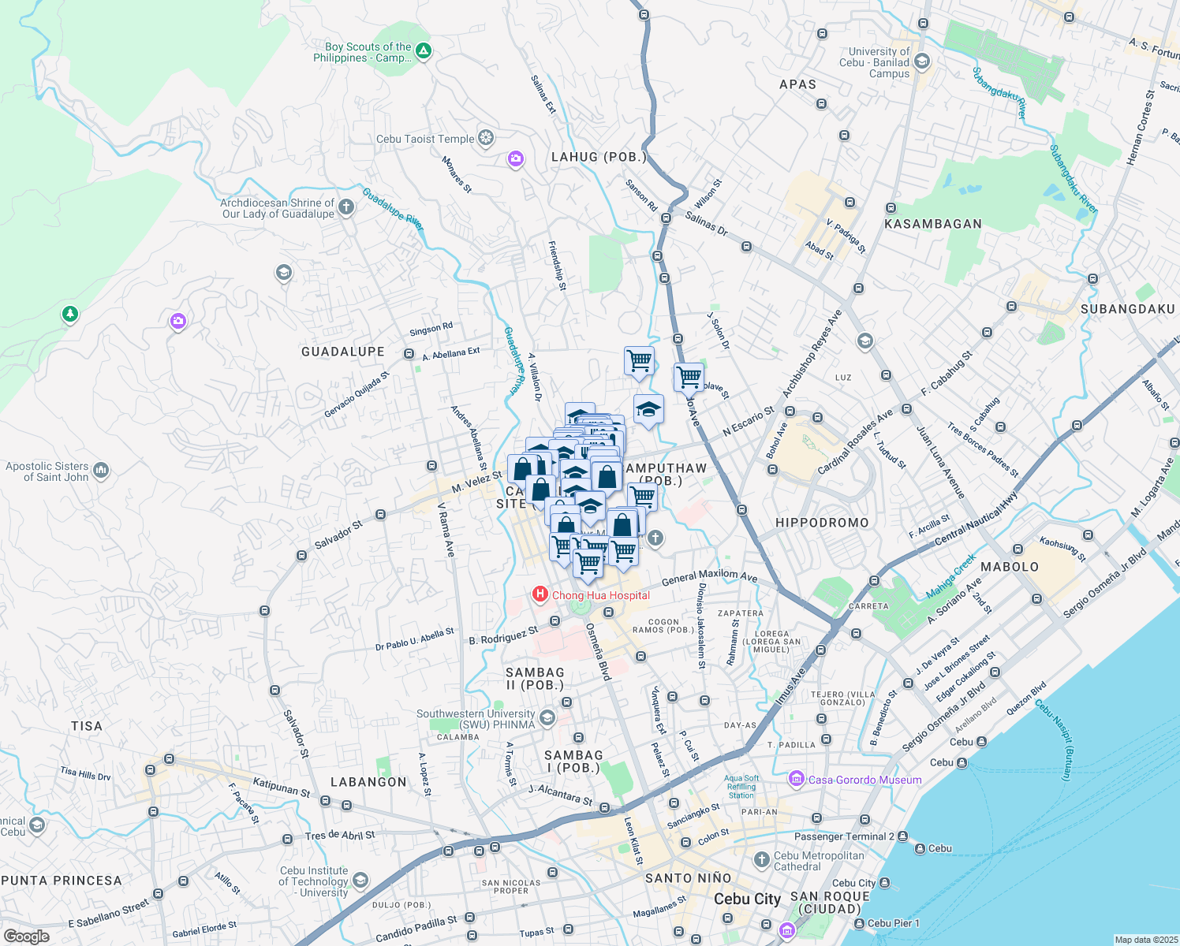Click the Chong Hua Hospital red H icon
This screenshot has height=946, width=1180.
click(x=540, y=594)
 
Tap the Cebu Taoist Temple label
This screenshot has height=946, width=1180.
click(x=425, y=140)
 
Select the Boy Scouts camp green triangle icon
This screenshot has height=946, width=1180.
click(x=424, y=51)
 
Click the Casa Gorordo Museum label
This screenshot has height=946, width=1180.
click(x=864, y=780)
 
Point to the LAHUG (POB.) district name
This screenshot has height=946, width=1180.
click(x=599, y=157)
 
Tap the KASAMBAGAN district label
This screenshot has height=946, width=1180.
click(x=933, y=224)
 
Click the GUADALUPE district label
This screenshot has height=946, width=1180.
click(x=343, y=352)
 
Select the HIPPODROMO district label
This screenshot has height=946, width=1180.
click(x=822, y=523)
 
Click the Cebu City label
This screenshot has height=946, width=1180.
click(x=747, y=899)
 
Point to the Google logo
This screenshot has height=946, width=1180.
click(x=27, y=937)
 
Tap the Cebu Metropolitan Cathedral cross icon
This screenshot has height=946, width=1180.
click(x=761, y=859)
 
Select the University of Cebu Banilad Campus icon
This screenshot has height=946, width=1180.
click(x=922, y=61)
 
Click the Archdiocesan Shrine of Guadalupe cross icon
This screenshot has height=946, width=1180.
click(x=345, y=207)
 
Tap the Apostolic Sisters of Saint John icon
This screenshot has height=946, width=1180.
click(x=101, y=471)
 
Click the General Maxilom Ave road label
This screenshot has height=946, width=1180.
click(x=709, y=577)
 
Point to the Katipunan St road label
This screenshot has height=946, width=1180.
click(x=282, y=787)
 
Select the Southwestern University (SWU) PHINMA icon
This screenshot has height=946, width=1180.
click(x=547, y=718)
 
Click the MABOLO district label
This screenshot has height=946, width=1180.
click(x=1010, y=567)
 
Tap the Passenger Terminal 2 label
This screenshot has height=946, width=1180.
click(x=844, y=836)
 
